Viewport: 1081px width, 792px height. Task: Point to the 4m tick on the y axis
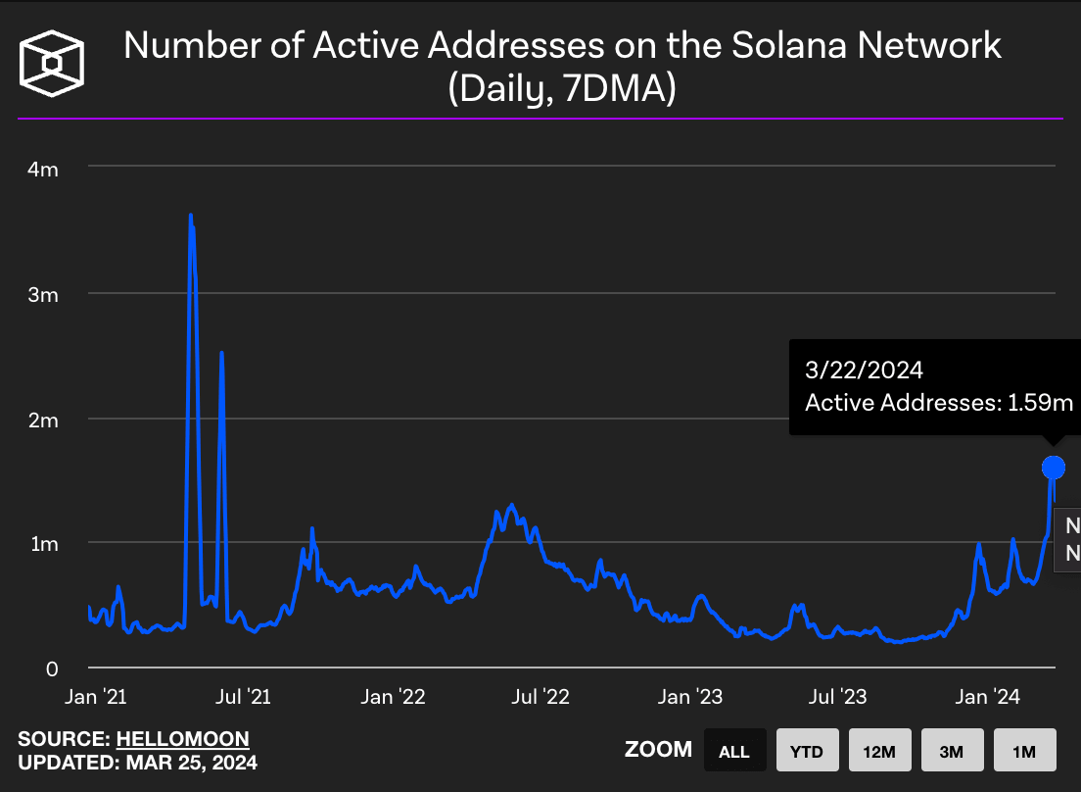pos(44,169)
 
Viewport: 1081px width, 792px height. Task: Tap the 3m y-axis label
pos(44,294)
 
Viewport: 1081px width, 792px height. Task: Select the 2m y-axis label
pos(44,420)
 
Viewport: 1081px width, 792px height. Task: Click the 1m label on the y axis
pos(44,544)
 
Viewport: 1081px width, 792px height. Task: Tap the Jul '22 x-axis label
pos(540,697)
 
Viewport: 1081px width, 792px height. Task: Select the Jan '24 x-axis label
pos(986,697)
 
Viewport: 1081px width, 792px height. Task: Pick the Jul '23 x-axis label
pos(838,697)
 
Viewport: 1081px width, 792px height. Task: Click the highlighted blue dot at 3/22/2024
pos(1053,467)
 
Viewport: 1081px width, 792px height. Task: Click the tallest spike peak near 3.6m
pos(190,216)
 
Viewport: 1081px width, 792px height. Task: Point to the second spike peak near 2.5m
pos(221,353)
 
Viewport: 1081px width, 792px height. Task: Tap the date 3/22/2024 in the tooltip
pos(864,371)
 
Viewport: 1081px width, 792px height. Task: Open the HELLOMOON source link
pos(182,739)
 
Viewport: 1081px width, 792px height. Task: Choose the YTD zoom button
pos(807,752)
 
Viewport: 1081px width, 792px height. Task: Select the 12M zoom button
pos(879,752)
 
